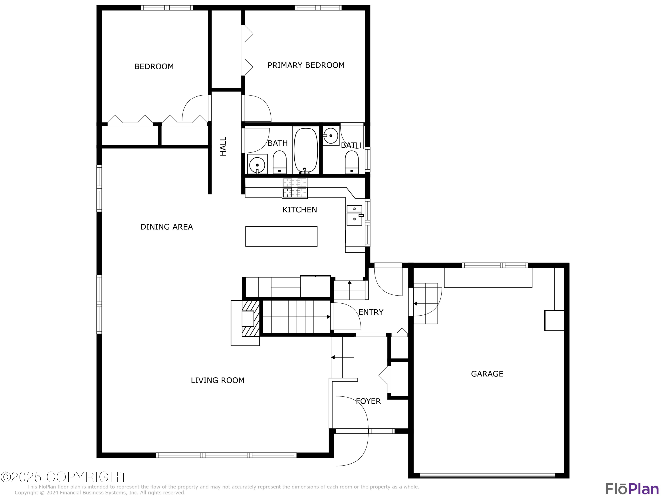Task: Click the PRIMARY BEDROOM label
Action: pos(306,65)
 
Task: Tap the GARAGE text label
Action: pos(487,374)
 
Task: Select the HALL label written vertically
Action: pos(223,146)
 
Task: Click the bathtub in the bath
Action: pos(306,151)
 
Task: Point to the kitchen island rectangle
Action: pos(281,236)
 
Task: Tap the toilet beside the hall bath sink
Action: pos(279,162)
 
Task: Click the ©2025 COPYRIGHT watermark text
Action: pos(64,477)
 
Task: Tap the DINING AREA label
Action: pos(166,227)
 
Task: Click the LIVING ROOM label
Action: pos(217,380)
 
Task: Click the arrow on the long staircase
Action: pos(328,317)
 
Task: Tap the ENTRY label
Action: pos(371,312)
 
